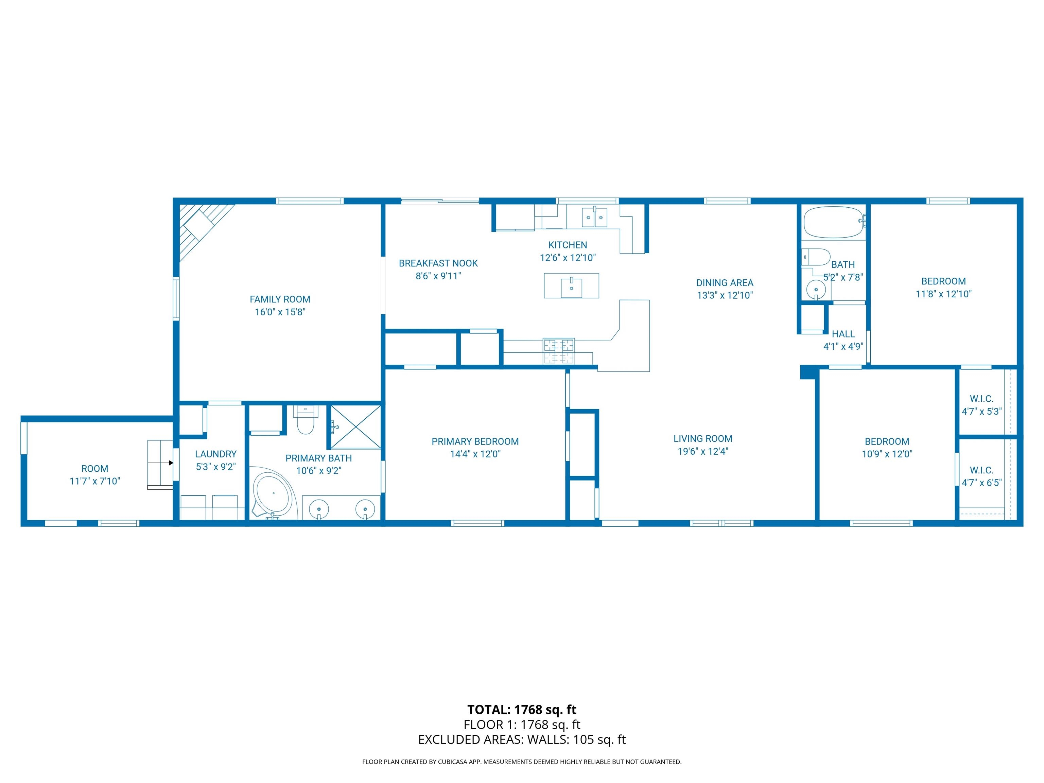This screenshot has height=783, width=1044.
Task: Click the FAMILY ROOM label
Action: click(x=280, y=299)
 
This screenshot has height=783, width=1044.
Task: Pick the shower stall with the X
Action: click(x=355, y=427)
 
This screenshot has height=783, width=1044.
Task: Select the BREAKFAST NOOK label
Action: click(x=438, y=263)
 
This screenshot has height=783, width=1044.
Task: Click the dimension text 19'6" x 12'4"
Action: click(x=703, y=451)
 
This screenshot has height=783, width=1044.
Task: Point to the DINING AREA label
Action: click(x=725, y=283)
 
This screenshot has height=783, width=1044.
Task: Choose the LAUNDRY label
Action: click(x=216, y=454)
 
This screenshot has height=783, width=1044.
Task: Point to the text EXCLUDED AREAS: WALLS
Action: click(x=494, y=739)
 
